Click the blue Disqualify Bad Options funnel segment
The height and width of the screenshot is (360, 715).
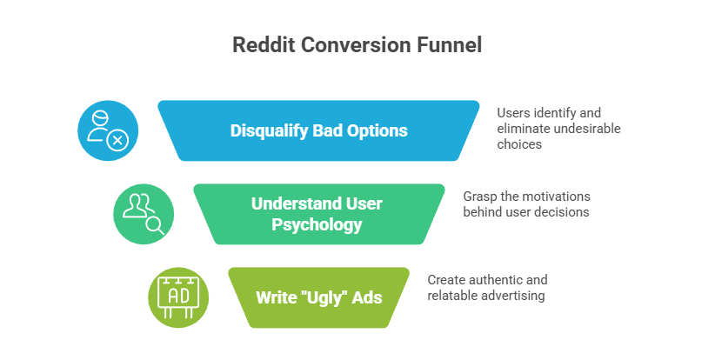tap(318, 130)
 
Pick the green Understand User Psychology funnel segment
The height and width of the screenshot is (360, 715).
tap(317, 214)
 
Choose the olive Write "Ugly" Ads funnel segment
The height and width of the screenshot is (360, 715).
tap(317, 297)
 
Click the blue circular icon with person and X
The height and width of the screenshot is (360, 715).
tap(107, 130)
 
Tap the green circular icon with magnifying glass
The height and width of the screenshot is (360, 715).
tap(144, 214)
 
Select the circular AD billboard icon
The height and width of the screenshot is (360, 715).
tap(178, 297)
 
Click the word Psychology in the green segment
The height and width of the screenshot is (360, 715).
tap(317, 224)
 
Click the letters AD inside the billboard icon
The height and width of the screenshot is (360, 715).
tap(177, 297)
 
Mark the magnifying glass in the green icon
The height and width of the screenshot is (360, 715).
tap(154, 223)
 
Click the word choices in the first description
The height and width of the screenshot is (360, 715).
tap(519, 144)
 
